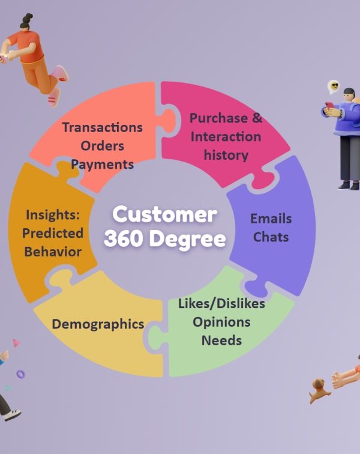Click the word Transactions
coord(103,127)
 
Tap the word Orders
coord(102,146)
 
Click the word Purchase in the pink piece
coord(218,118)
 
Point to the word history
coord(226,155)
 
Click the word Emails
coord(271,219)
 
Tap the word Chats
coord(271,237)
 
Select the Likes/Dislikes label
coord(221,304)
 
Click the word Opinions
coord(221,322)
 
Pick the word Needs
coord(221,340)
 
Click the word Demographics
coord(98,324)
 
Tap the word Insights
coord(52,215)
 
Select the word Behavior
coord(53,252)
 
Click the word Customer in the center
coord(164,214)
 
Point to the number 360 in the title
coord(124,238)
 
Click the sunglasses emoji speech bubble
coord(334,87)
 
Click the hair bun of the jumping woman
coord(28,17)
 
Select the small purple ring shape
coord(21,374)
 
